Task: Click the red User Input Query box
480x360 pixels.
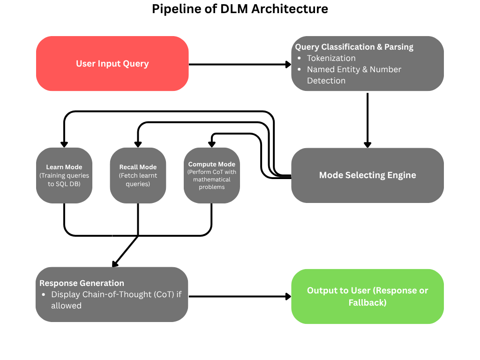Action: click(112, 64)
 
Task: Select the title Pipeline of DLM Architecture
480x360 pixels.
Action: click(240, 8)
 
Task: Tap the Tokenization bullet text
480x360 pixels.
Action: click(331, 58)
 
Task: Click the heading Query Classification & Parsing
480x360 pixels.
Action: click(354, 47)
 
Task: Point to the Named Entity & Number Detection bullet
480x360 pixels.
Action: click(354, 75)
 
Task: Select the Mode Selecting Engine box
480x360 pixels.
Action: click(367, 175)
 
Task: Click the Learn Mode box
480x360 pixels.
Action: click(64, 175)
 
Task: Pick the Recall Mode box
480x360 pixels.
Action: click(138, 175)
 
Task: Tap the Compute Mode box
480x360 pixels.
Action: click(211, 175)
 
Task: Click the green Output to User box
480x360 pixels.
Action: click(367, 296)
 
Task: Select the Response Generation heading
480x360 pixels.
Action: click(82, 283)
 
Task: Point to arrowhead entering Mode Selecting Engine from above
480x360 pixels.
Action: click(367, 144)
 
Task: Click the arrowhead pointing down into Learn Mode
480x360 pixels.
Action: click(64, 144)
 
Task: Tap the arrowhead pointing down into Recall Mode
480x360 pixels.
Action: click(138, 144)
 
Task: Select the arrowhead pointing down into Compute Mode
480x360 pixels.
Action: click(211, 144)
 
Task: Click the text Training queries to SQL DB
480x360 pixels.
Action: click(64, 180)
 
